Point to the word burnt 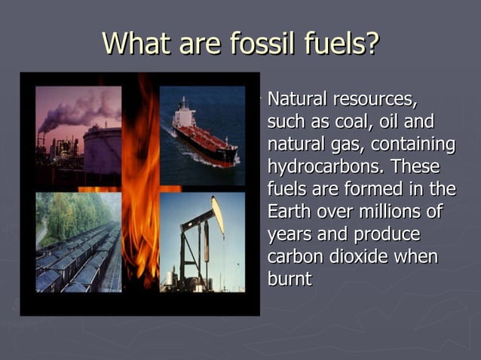coord(290,279)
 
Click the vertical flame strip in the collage coord(140,188)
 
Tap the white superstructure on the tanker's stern coord(182,114)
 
